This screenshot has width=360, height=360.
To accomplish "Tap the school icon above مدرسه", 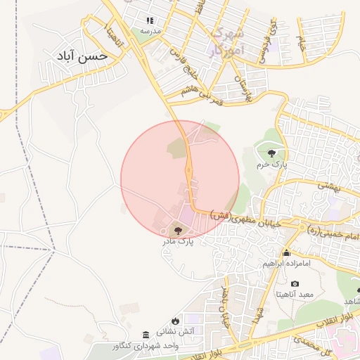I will (x=149, y=20).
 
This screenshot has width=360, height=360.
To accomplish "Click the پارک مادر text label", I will (x=177, y=241).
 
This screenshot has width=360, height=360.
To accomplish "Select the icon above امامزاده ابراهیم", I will (x=286, y=253).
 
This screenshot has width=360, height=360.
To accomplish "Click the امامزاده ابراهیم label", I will (x=286, y=264).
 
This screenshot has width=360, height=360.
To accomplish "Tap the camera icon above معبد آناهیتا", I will (x=294, y=283).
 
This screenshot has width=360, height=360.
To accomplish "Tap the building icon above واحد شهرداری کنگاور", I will (x=146, y=334).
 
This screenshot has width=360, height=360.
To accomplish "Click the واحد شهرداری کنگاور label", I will (x=146, y=346).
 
